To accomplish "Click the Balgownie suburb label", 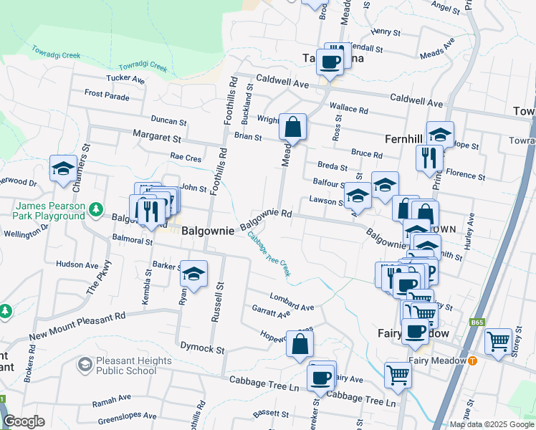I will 208,231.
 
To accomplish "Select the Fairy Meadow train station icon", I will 472,360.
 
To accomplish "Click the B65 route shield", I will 477,323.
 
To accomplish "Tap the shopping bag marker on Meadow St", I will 293,128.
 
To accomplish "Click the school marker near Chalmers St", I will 63,169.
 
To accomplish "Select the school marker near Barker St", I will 193,274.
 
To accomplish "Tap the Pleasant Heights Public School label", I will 126,365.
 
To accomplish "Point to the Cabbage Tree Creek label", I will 269,254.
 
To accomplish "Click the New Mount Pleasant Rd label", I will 77,327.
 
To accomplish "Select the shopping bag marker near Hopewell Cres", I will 300,344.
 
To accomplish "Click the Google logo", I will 24,421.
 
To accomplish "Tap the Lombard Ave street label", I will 292,302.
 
